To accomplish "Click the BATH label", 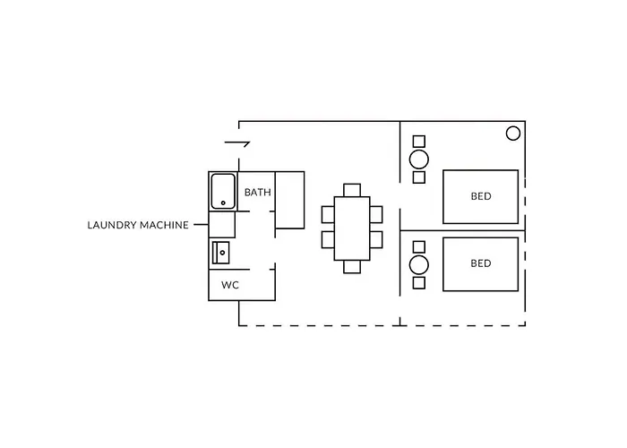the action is [x=258, y=193].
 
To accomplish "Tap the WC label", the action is [x=230, y=285].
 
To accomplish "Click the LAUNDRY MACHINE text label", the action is [x=138, y=225].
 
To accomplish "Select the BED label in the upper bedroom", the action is [x=481, y=196].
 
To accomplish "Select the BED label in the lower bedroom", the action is [x=481, y=263].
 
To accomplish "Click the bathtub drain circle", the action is [x=223, y=203].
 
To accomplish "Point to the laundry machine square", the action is [x=222, y=225].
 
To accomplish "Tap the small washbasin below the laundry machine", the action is [x=220, y=253].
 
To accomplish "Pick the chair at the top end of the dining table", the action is [x=352, y=190].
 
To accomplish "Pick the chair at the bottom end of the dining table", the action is [x=352, y=267].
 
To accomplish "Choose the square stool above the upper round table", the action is [x=419, y=142].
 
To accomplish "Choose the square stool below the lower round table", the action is [x=419, y=283].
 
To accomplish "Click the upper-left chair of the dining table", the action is [x=328, y=214].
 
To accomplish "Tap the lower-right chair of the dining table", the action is [x=376, y=239].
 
